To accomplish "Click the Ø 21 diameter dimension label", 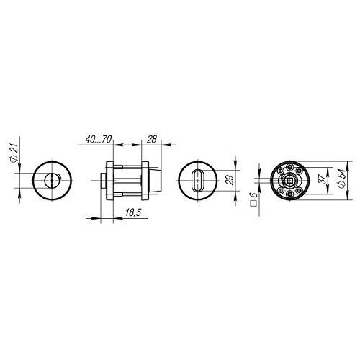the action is click(14, 153).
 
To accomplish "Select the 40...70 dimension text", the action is click(99, 139).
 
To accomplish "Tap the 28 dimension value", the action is click(152, 139).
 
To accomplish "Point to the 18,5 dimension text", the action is click(134, 212).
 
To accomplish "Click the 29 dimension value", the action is click(230, 180).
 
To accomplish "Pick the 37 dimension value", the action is click(323, 179).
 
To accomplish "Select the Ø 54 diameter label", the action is click(342, 179).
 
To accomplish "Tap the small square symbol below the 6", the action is click(253, 204).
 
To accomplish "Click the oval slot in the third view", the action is click(197, 181).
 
